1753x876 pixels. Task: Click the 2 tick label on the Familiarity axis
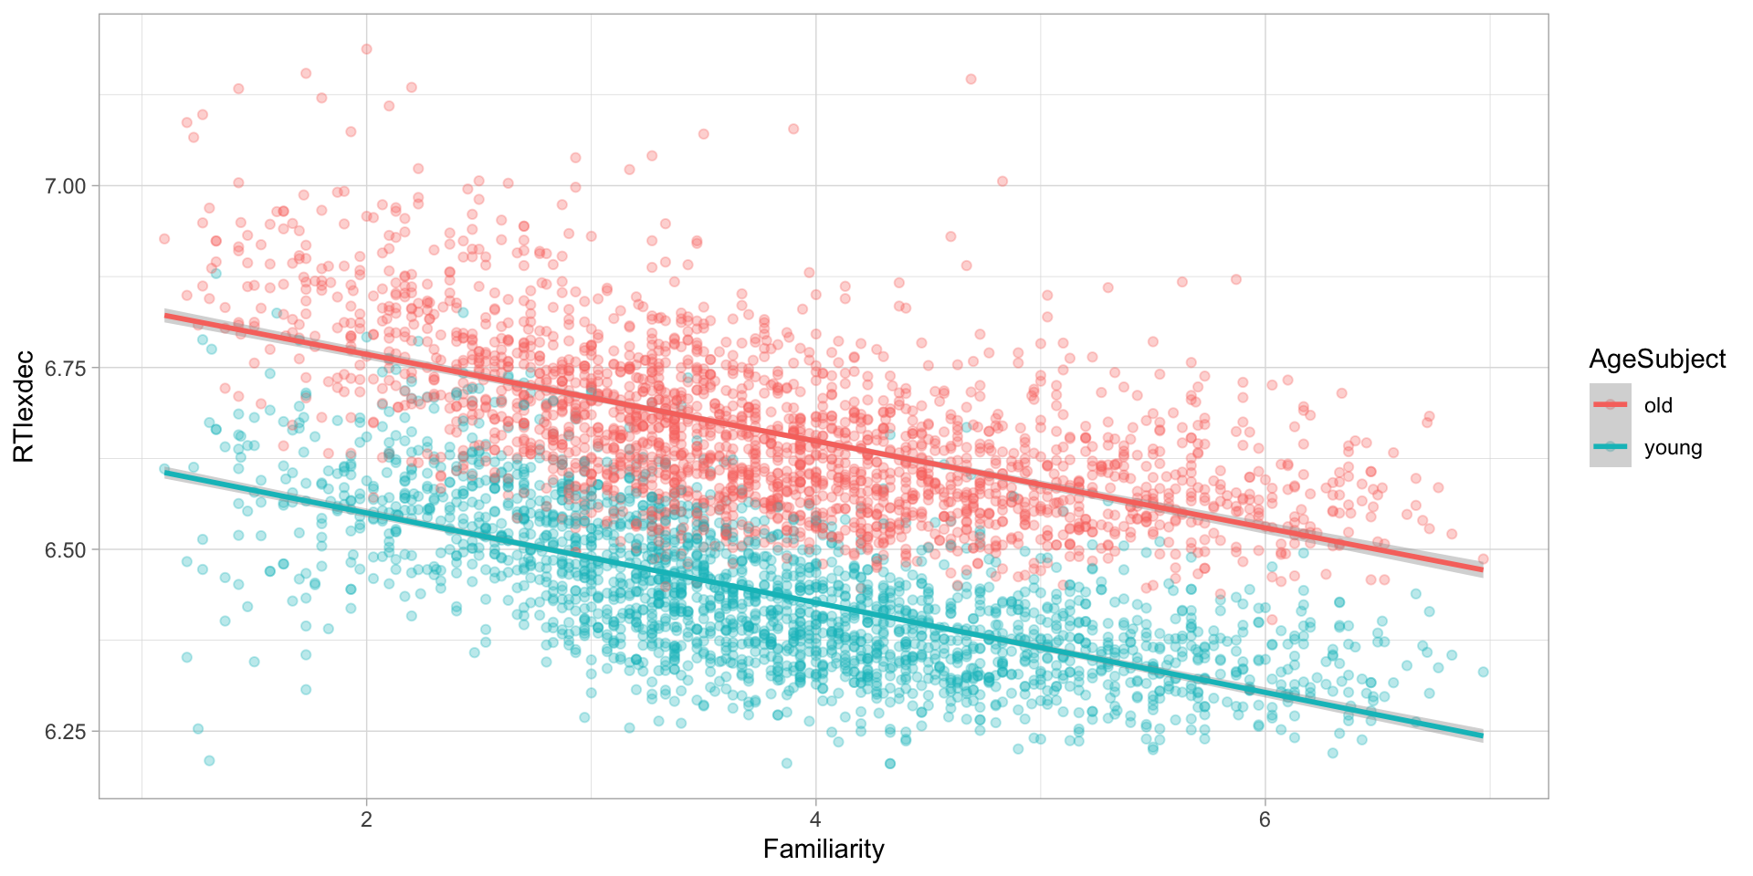366,818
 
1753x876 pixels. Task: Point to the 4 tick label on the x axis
815,818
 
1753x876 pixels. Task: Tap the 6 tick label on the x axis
1265,818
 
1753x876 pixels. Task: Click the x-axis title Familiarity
824,850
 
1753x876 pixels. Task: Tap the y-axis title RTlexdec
25,406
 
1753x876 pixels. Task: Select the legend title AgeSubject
1657,360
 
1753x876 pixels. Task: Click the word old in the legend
1658,405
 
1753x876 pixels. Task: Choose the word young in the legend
1673,447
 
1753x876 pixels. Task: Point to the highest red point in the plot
366,49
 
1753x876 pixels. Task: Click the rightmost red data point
1483,558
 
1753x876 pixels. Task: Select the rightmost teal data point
1483,672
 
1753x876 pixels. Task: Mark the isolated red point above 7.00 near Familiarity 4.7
971,79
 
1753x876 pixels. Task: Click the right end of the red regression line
1481,569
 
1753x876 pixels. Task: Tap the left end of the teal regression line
166,473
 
